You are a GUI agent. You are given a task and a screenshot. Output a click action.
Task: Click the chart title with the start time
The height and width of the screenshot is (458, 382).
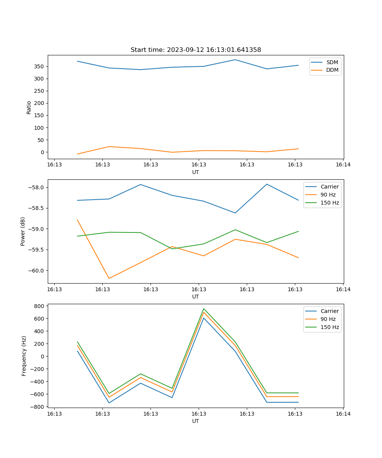(x=196, y=50)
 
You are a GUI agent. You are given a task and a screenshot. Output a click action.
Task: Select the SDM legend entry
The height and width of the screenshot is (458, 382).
(x=332, y=62)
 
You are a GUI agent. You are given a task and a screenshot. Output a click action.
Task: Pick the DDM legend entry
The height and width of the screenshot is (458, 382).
(x=332, y=70)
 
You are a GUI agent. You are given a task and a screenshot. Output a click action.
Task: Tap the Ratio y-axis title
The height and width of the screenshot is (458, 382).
(x=29, y=107)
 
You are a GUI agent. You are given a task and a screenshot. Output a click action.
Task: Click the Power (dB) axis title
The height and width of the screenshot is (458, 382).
(x=23, y=231)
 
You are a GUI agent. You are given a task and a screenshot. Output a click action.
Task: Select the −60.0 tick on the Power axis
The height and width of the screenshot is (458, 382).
(x=36, y=271)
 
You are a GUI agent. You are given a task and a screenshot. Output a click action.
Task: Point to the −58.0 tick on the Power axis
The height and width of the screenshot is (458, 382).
(x=36, y=187)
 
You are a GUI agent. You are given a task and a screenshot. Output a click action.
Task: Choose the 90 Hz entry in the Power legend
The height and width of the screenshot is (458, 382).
(x=328, y=195)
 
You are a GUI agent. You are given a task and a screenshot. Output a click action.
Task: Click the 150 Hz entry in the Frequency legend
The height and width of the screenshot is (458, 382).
(x=330, y=327)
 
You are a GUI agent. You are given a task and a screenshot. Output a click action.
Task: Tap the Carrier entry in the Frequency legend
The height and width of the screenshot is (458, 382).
(x=329, y=311)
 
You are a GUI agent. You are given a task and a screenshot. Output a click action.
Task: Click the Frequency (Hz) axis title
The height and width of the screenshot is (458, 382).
(x=24, y=356)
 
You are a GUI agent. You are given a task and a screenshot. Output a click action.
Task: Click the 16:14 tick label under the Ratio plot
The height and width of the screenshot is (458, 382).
(x=343, y=165)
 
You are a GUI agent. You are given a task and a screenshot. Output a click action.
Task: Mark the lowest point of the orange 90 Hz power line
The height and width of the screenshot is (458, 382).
(x=109, y=278)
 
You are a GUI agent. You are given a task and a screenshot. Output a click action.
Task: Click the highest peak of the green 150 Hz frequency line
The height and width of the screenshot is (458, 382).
(x=204, y=308)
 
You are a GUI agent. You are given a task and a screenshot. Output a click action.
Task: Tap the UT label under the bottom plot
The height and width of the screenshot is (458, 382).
(x=196, y=421)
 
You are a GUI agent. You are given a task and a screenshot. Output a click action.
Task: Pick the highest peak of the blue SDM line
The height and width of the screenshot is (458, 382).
(x=235, y=60)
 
